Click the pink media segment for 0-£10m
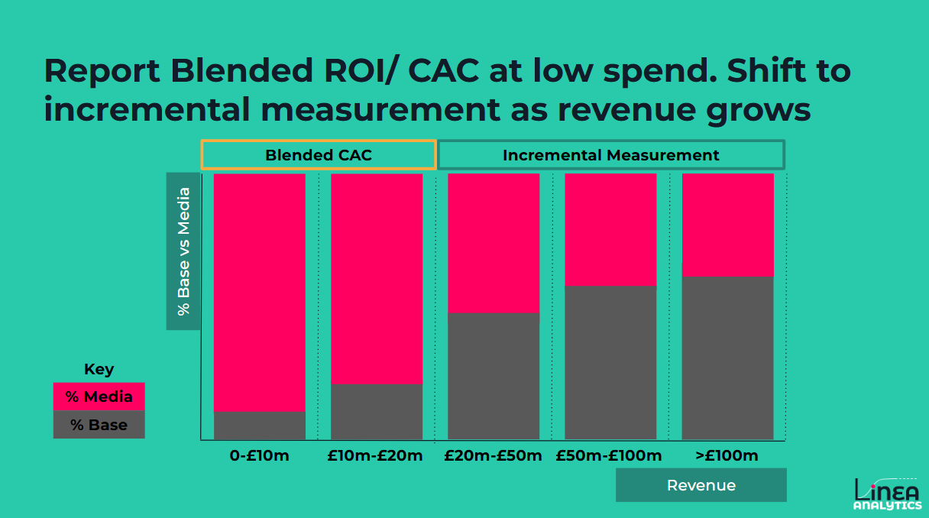[260, 293]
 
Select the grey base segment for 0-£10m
[260, 426]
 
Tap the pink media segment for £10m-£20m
[377, 279]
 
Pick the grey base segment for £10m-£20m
[377, 412]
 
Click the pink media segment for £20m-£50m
[494, 243]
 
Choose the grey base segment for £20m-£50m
[494, 376]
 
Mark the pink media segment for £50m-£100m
[610, 229]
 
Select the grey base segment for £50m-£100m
[610, 362]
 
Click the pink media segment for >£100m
[727, 225]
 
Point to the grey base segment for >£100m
[727, 358]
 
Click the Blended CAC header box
[319, 155]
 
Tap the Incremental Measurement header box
[610, 155]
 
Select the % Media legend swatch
[99, 397]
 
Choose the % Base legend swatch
[99, 425]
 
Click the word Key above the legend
[99, 370]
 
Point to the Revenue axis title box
[701, 485]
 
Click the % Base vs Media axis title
[183, 251]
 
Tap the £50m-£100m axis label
[609, 456]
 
